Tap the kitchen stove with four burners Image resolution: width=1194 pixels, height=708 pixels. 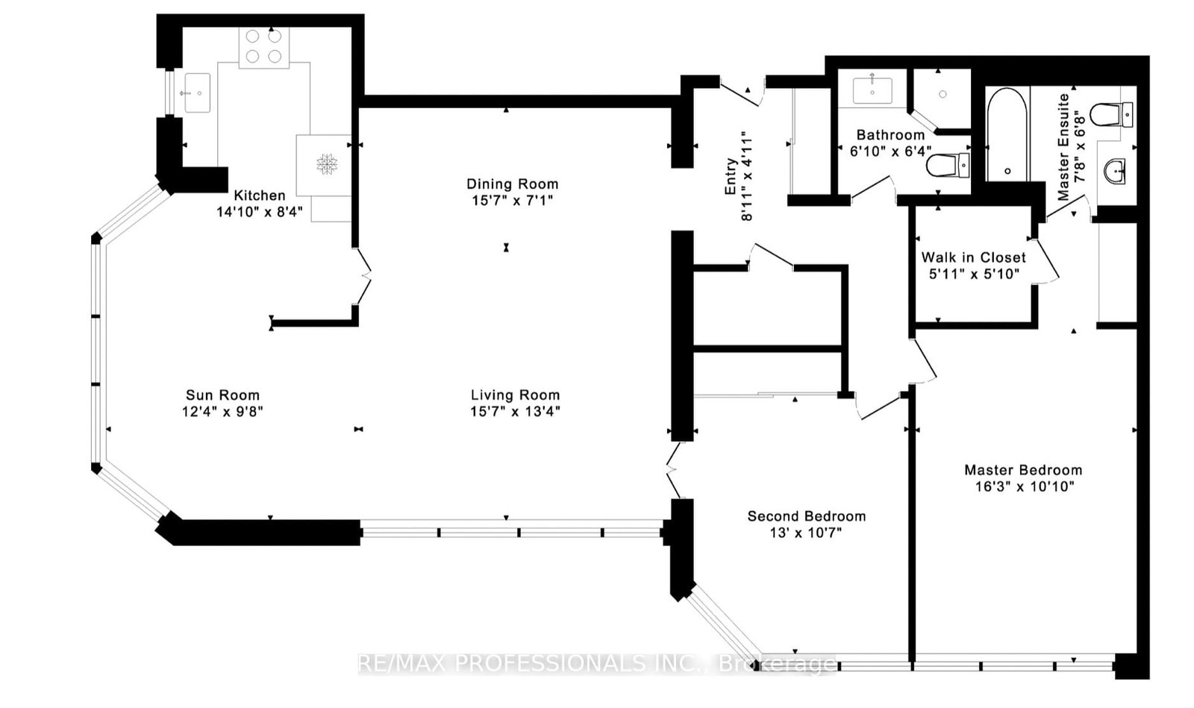pyautogui.click(x=263, y=46)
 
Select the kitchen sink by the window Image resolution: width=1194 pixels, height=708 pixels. pyautogui.click(x=197, y=93)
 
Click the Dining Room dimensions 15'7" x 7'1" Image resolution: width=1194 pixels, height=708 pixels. pyautogui.click(x=512, y=200)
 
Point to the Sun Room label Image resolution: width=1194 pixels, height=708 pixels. pyautogui.click(x=222, y=395)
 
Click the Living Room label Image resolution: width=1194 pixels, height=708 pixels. pyautogui.click(x=515, y=395)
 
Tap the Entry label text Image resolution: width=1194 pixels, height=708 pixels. pyautogui.click(x=731, y=177)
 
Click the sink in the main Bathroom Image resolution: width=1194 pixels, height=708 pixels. pyautogui.click(x=872, y=90)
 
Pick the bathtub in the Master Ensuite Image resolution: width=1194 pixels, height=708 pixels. pyautogui.click(x=1007, y=134)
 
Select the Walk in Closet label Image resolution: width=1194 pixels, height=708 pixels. pyautogui.click(x=973, y=257)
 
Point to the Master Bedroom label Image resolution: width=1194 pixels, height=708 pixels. pyautogui.click(x=1022, y=470)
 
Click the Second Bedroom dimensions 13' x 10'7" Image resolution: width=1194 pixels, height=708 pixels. pyautogui.click(x=806, y=533)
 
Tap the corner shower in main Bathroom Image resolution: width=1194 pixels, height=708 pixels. pyautogui.click(x=942, y=95)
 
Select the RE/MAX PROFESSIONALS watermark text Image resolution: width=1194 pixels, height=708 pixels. pyautogui.click(x=597, y=663)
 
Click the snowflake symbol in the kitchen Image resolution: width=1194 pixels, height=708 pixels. pyautogui.click(x=326, y=164)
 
